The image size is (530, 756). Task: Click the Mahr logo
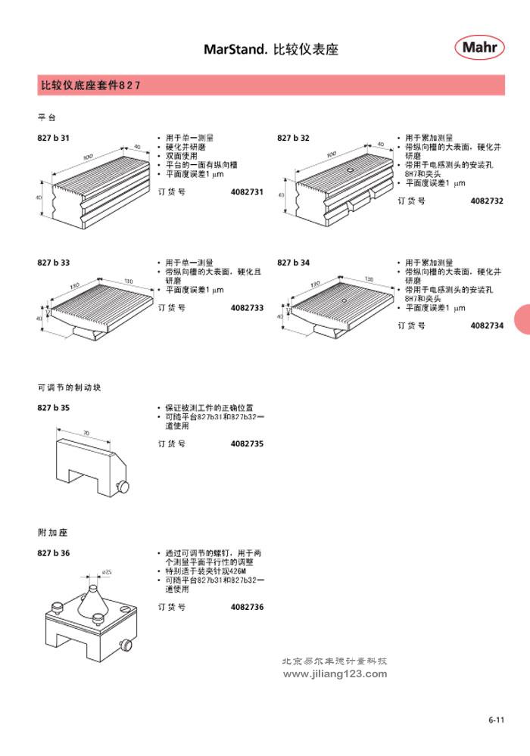pyautogui.click(x=480, y=48)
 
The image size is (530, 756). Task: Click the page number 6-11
pyautogui.click(x=496, y=720)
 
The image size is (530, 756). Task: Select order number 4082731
pyautogui.click(x=247, y=192)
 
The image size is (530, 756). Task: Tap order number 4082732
pyautogui.click(x=487, y=201)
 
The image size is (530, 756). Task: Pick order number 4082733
pyautogui.click(x=247, y=308)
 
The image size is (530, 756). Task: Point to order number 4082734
pyautogui.click(x=487, y=325)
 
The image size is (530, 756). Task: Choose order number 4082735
pyautogui.click(x=247, y=443)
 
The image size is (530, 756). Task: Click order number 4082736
pyautogui.click(x=247, y=607)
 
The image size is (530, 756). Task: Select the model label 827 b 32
pyautogui.click(x=294, y=138)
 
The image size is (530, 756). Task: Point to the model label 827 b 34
pyautogui.click(x=294, y=263)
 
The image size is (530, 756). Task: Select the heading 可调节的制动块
pyautogui.click(x=69, y=387)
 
